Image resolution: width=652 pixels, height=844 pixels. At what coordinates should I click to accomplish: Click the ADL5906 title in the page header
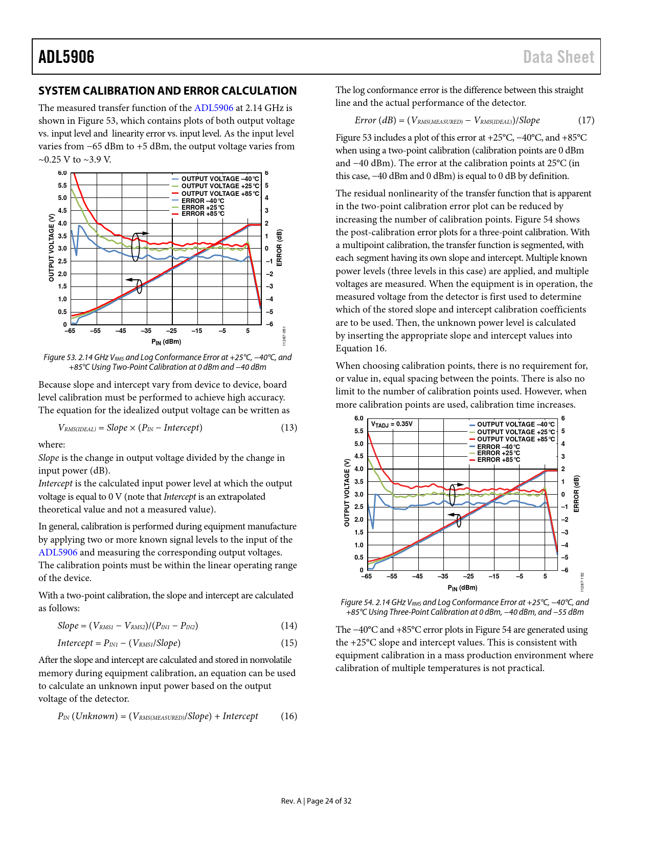pyautogui.click(x=66, y=57)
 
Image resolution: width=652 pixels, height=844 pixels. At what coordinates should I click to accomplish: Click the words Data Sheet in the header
pyautogui.click(x=558, y=57)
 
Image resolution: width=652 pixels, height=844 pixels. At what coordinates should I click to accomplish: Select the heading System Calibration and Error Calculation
pyautogui.click(x=167, y=91)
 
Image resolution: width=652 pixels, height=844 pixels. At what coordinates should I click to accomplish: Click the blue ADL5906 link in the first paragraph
pyautogui.click(x=213, y=108)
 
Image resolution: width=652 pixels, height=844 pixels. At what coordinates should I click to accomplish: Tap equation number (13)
pyautogui.click(x=288, y=428)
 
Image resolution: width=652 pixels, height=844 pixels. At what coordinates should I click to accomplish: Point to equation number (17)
pyautogui.click(x=586, y=120)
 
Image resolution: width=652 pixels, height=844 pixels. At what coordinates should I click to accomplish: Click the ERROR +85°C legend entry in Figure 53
pyautogui.click(x=203, y=214)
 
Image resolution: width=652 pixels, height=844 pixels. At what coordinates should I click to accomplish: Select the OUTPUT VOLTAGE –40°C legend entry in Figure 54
pyautogui.click(x=515, y=425)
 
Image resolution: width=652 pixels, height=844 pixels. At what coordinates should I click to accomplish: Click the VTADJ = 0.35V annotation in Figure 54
pyautogui.click(x=392, y=424)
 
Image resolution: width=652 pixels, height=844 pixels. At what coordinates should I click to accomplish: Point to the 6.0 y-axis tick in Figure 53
pyautogui.click(x=62, y=173)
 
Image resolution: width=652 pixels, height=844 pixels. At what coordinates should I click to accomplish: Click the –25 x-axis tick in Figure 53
pyautogui.click(x=171, y=331)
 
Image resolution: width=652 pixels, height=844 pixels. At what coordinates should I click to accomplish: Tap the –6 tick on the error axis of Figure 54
pyautogui.click(x=565, y=570)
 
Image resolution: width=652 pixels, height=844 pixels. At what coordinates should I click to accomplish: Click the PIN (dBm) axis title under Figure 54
pyautogui.click(x=462, y=588)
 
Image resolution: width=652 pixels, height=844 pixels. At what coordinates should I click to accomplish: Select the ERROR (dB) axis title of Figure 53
pyautogui.click(x=279, y=248)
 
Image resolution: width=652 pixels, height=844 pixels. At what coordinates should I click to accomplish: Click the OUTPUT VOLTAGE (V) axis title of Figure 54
pyautogui.click(x=347, y=493)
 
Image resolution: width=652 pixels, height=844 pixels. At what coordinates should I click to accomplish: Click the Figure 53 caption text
pyautogui.click(x=167, y=362)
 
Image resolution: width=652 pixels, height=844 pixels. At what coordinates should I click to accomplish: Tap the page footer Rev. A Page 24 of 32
pyautogui.click(x=316, y=801)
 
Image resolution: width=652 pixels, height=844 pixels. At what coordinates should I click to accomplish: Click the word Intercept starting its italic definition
pyautogui.click(x=55, y=483)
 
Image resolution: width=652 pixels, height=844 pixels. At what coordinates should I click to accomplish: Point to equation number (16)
pyautogui.click(x=288, y=716)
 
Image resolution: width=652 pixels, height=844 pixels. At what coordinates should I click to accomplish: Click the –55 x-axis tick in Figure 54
pyautogui.click(x=392, y=576)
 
